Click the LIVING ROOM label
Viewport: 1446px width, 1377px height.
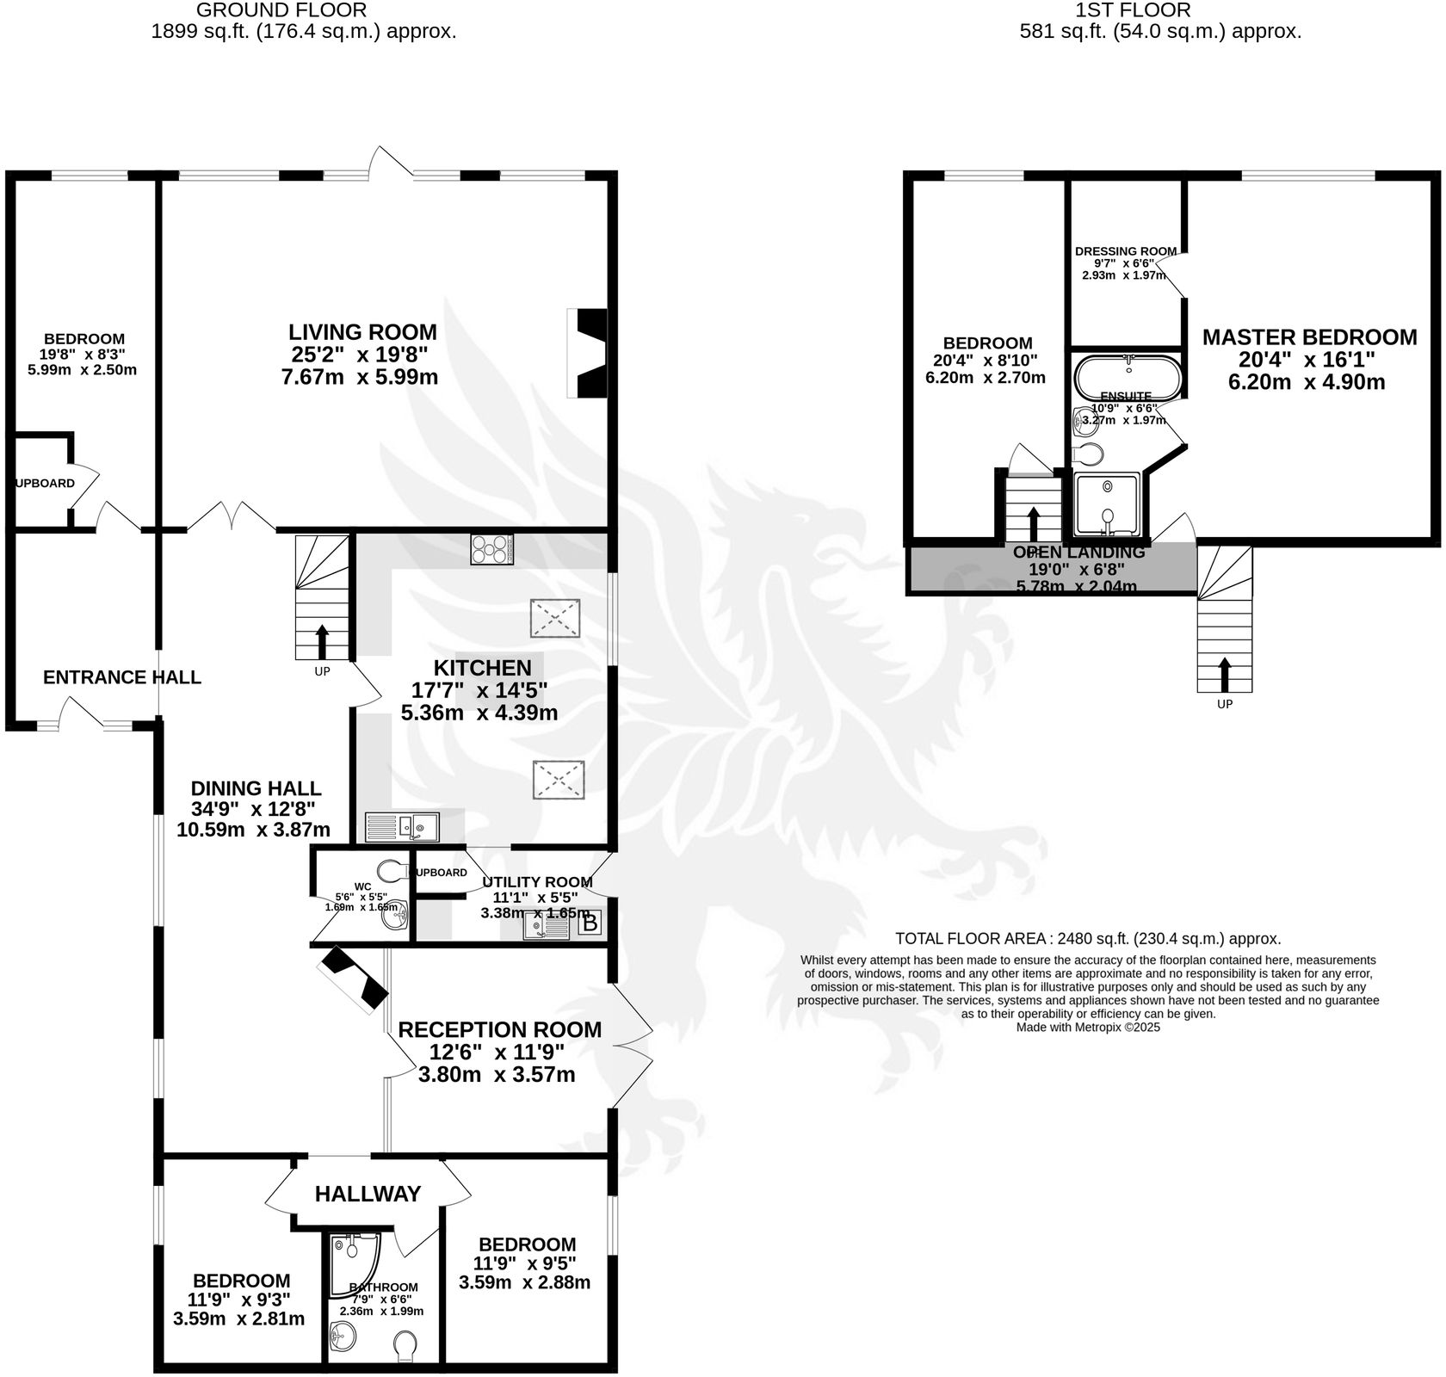click(362, 332)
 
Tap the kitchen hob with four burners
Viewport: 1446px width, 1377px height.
click(492, 549)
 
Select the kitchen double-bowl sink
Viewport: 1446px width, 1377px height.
click(402, 826)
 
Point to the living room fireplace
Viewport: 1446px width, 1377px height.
click(588, 354)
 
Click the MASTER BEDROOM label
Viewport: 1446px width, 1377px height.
click(1309, 337)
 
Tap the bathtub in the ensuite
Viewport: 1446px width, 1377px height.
click(1128, 375)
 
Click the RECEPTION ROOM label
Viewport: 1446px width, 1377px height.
click(499, 1029)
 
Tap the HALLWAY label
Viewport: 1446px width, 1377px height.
click(368, 1194)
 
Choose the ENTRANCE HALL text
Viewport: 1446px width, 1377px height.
click(122, 677)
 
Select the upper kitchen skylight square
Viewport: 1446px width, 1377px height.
click(554, 618)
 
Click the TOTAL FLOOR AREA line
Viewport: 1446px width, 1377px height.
click(1088, 938)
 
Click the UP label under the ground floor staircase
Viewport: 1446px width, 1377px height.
click(322, 671)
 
